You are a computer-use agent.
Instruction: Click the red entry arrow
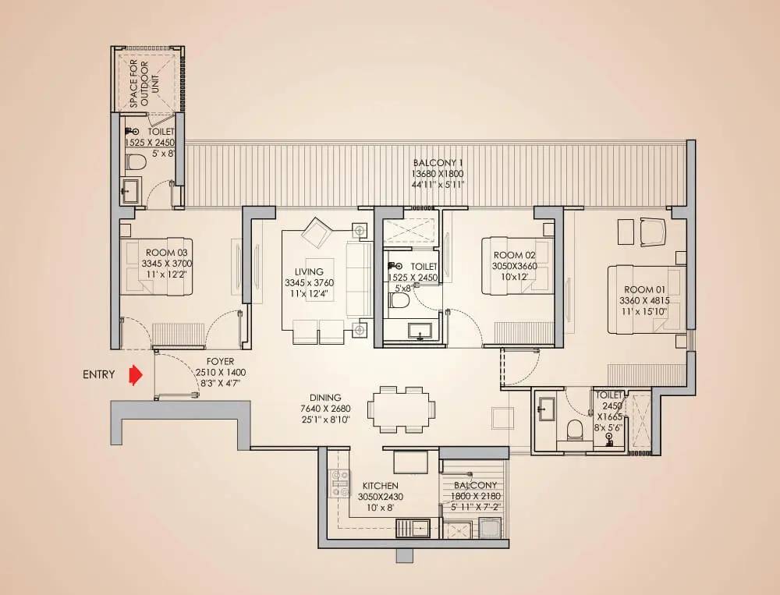point(135,376)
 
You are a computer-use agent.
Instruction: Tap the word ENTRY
point(99,374)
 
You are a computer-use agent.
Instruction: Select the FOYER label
point(221,362)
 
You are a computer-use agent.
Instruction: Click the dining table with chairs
point(401,409)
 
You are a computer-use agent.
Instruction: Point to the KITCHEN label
point(380,486)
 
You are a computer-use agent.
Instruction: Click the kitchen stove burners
point(341,483)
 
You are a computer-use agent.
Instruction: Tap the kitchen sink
point(413,529)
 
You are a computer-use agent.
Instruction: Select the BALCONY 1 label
point(438,163)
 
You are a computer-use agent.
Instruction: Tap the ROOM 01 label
point(646,289)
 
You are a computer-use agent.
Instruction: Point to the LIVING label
point(309,271)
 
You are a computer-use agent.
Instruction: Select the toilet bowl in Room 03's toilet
point(135,161)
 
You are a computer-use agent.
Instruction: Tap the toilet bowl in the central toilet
point(399,300)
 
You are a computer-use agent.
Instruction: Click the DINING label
point(325,398)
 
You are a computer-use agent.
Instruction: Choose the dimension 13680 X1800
point(438,174)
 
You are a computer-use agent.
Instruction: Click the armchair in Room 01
point(653,232)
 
